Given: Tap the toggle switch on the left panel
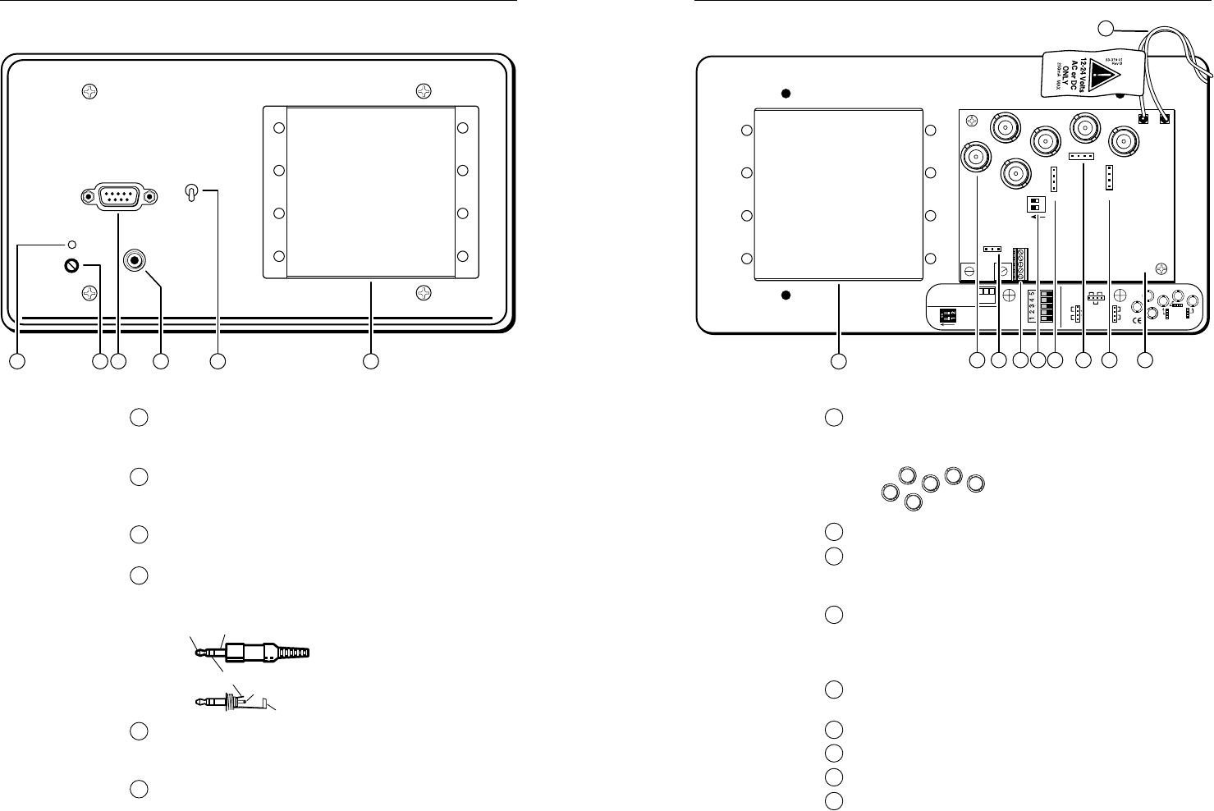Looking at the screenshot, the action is [x=191, y=193].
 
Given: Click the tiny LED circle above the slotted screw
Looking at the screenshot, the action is [x=73, y=245].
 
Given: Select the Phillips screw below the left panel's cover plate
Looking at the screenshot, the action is [x=424, y=291].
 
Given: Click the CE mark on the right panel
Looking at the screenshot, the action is [x=1137, y=322].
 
